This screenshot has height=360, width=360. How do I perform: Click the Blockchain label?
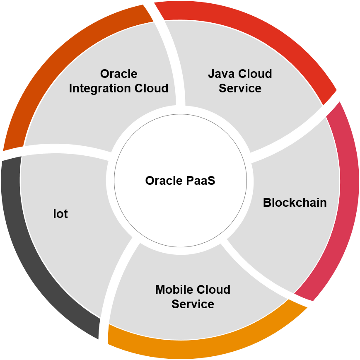pos(295,203)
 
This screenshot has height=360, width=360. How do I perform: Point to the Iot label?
pos(60,214)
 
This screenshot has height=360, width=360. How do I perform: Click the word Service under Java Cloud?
pos(240,88)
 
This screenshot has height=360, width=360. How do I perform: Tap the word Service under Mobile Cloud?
pos(193,304)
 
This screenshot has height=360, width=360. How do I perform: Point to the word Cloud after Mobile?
pos(213,290)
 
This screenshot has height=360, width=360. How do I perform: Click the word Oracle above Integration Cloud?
pos(119,74)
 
